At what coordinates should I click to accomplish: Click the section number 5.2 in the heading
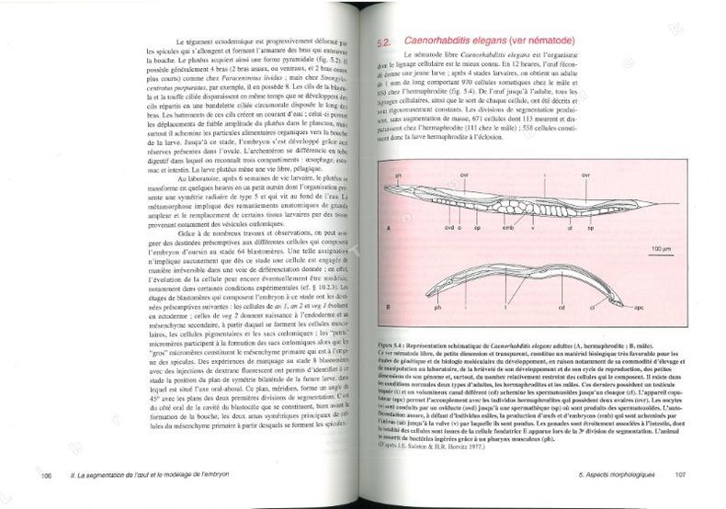(x=386, y=43)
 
